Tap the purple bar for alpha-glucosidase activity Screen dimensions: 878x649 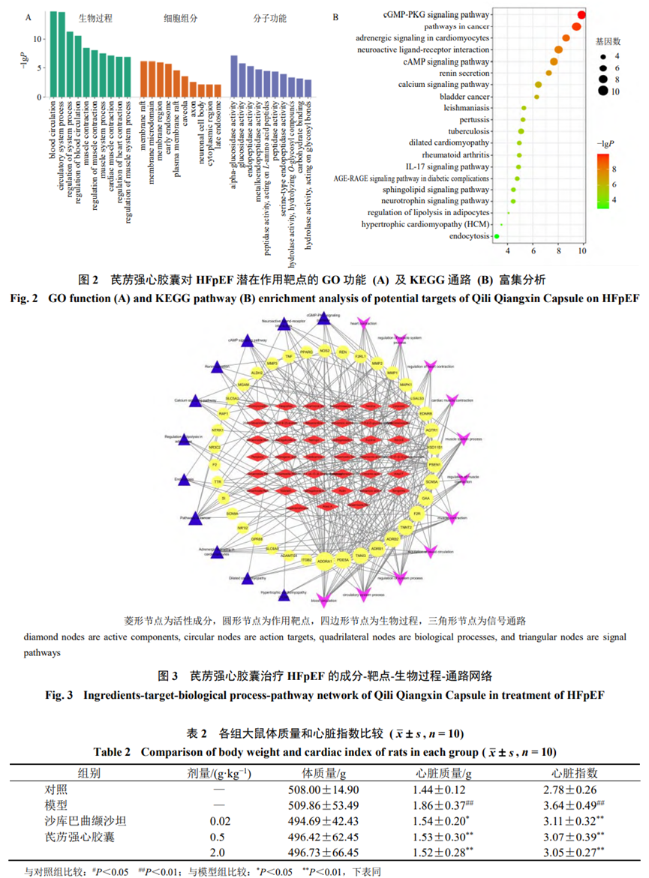(234, 76)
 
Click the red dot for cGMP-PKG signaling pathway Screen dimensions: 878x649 (582, 15)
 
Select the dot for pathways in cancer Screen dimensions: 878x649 (575, 26)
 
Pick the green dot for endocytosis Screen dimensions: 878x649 (496, 236)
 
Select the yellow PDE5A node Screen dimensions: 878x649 (343, 560)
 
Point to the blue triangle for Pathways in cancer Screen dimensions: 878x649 (197, 517)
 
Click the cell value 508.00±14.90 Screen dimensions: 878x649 (323, 790)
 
